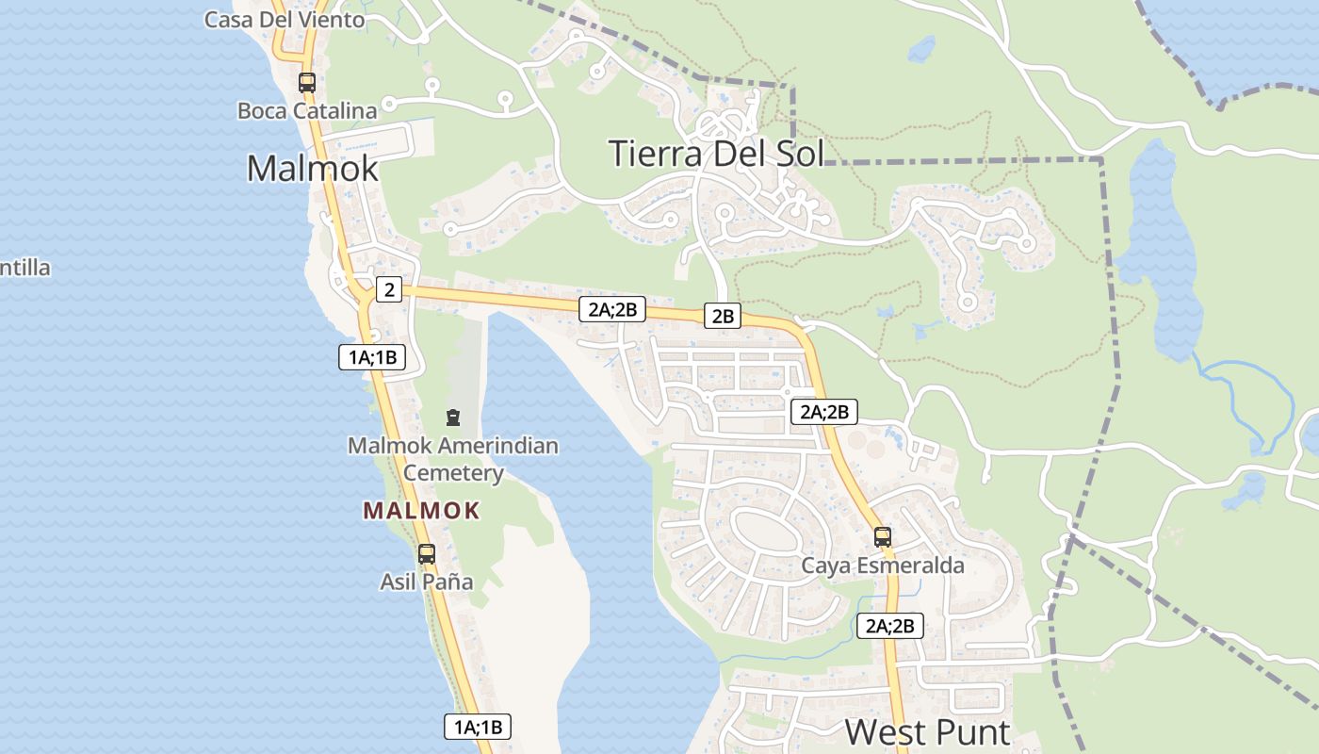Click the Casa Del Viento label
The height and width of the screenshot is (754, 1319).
tap(285, 19)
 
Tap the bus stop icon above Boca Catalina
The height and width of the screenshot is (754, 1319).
tap(307, 82)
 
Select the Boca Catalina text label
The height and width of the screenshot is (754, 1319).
tap(307, 110)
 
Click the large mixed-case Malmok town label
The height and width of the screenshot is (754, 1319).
tap(313, 168)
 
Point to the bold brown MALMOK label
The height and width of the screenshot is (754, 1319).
tap(422, 511)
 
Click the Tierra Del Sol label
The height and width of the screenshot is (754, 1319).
tap(716, 153)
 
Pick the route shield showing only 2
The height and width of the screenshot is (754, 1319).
tap(389, 289)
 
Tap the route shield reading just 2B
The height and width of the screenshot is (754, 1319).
tap(723, 316)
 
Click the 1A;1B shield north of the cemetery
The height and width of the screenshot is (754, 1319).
tap(372, 357)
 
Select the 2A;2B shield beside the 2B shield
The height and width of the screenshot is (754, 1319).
tap(612, 308)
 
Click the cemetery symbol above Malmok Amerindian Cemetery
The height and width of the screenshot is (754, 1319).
tap(453, 417)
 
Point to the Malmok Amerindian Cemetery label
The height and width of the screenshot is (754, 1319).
tap(453, 458)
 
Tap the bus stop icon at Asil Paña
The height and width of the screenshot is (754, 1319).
tap(427, 553)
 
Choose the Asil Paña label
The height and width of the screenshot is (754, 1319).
tap(427, 582)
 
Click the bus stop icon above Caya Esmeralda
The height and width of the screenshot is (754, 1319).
tap(883, 536)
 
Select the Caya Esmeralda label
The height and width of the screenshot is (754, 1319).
tap(883, 565)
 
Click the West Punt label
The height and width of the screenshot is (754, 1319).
tap(927, 731)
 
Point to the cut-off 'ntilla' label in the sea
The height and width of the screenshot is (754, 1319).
tap(25, 268)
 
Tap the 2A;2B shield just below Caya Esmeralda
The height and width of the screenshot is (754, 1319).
tap(890, 626)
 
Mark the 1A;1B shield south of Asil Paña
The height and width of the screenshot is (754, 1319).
tap(478, 727)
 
